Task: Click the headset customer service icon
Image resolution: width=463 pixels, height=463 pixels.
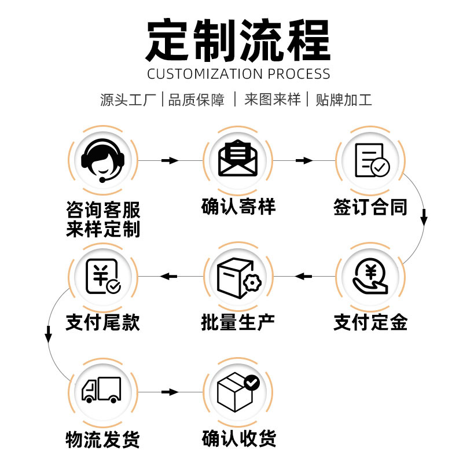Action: tap(103, 160)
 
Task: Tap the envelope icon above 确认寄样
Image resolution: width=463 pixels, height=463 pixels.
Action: tap(238, 160)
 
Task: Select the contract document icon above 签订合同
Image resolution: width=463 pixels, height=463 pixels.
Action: tap(371, 160)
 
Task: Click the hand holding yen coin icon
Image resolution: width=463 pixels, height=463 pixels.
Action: tap(371, 276)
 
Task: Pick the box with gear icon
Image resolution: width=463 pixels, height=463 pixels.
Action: tap(238, 276)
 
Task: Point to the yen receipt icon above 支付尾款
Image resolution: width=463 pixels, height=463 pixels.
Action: tap(103, 276)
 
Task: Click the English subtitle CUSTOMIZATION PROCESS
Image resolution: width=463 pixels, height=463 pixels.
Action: tap(238, 74)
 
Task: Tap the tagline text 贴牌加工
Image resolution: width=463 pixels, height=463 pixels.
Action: tap(343, 100)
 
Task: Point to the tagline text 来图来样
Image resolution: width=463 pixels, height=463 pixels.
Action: tap(272, 100)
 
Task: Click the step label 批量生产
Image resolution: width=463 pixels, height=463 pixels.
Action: tap(238, 322)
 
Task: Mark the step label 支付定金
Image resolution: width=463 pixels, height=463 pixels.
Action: tap(371, 322)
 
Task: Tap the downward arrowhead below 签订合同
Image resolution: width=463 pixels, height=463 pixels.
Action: tap(424, 219)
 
